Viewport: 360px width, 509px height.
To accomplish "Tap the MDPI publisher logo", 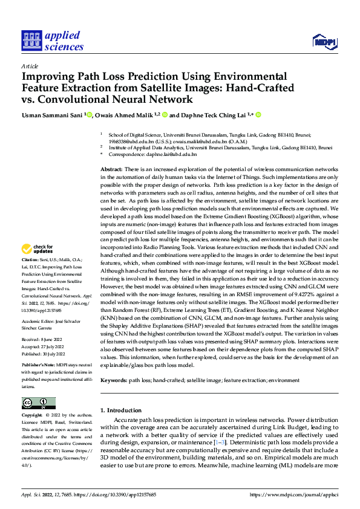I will coord(324,41).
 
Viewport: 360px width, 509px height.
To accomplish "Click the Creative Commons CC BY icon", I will coord(39,403).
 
